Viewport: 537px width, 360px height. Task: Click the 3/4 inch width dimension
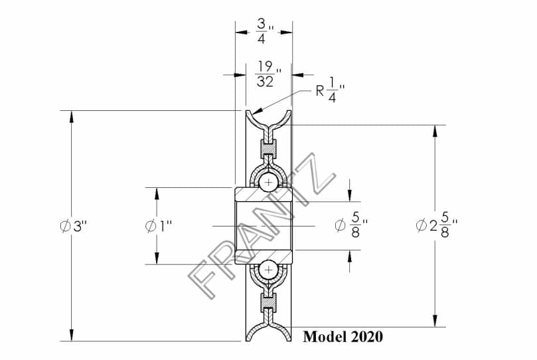pyautogui.click(x=265, y=31)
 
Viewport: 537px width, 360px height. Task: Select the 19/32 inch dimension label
pyautogui.click(x=268, y=74)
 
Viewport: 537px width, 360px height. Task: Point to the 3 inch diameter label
pyautogui.click(x=73, y=226)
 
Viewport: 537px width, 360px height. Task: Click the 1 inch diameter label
pyautogui.click(x=158, y=226)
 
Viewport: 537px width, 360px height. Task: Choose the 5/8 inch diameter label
pyautogui.click(x=351, y=225)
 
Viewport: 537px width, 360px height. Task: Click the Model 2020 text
pyautogui.click(x=343, y=336)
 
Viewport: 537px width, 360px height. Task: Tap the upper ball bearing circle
pyautogui.click(x=268, y=182)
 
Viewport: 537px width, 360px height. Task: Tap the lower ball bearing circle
pyautogui.click(x=268, y=270)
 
